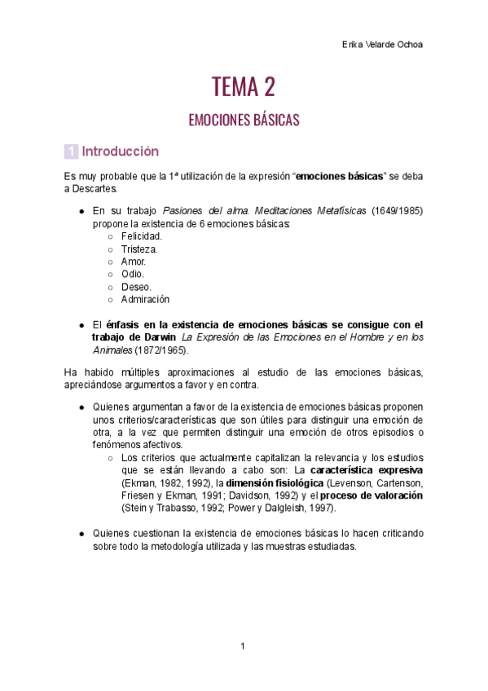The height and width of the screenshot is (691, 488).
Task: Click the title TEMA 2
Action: tap(244, 86)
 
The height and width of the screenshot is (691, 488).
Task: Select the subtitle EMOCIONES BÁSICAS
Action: tap(244, 120)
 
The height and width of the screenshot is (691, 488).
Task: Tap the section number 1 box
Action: tap(71, 152)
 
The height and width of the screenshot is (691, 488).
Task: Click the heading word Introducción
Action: tap(120, 152)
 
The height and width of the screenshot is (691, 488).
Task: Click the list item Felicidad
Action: tap(142, 235)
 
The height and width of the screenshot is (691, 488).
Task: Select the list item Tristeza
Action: tap(139, 249)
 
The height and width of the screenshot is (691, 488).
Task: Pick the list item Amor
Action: tap(134, 262)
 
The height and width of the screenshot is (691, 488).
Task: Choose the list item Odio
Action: tap(133, 274)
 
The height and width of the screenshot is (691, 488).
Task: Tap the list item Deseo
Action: tap(137, 287)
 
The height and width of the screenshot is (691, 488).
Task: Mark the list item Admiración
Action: tap(145, 299)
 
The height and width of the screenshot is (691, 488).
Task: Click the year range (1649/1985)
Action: tap(397, 210)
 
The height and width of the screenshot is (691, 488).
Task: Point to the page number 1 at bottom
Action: tap(243, 646)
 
